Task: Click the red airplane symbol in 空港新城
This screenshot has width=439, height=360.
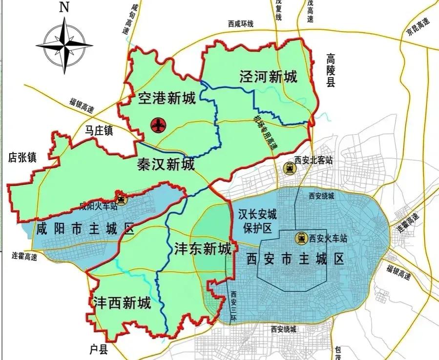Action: click(x=158, y=125)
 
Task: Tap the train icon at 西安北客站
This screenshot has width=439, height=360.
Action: click(x=291, y=168)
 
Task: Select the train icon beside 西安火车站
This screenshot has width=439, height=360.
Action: click(x=301, y=238)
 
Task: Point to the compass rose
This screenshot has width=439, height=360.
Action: click(x=64, y=45)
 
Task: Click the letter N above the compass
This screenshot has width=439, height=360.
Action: click(x=63, y=7)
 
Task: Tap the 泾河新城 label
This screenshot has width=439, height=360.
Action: click(x=268, y=77)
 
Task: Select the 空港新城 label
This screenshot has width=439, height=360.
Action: click(x=167, y=99)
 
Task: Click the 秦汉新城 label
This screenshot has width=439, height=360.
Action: click(x=166, y=164)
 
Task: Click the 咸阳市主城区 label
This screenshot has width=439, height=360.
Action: click(x=85, y=228)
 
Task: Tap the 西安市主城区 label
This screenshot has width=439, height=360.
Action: click(x=295, y=258)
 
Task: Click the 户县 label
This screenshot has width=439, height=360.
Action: click(x=98, y=349)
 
